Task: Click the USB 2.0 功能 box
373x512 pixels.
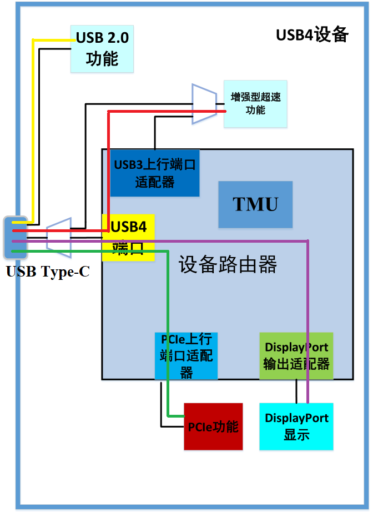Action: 102,48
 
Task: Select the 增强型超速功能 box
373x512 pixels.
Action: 255,104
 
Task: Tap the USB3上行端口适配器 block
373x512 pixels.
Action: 154,173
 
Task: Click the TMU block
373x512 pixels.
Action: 255,204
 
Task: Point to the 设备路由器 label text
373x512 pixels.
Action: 228,265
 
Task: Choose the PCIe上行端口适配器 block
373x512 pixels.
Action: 186,356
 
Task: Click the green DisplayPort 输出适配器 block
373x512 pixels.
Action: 296,356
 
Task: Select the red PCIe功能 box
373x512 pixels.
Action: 213,426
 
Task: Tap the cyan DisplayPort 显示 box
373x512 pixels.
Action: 296,426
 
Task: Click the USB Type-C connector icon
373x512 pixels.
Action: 15,238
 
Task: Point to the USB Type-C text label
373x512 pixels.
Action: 48,273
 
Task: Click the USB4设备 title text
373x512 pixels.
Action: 312,35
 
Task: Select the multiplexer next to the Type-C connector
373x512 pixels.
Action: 59,238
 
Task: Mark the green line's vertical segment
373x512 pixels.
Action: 167,333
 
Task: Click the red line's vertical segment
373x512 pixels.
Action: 108,167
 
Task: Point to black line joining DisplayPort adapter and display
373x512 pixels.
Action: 296,391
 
